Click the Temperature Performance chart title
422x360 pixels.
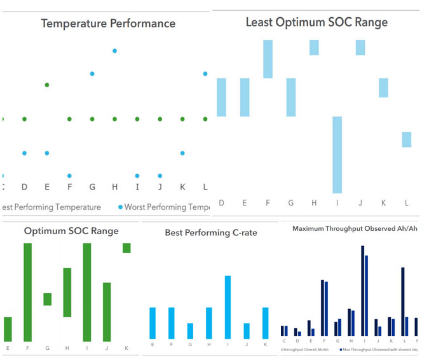[x=108, y=24]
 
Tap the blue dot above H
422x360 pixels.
[x=114, y=51]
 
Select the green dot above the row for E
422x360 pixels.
[x=47, y=85]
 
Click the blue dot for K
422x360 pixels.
[x=182, y=153]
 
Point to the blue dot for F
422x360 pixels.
[x=69, y=176]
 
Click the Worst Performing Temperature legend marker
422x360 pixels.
[x=119, y=207]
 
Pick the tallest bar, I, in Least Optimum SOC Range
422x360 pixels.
[x=337, y=155]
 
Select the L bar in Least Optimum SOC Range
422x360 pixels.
[x=406, y=139]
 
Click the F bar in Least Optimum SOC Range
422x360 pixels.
[x=268, y=59]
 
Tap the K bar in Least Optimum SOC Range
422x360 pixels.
[x=383, y=88]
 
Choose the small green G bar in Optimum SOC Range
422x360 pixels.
[x=47, y=299]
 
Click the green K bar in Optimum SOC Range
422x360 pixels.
[x=126, y=248]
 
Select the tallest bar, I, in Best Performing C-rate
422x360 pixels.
[x=228, y=307]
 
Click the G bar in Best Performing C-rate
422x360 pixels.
[x=190, y=331]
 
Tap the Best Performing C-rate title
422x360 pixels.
[x=211, y=233]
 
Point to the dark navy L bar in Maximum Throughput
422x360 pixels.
[x=402, y=301]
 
